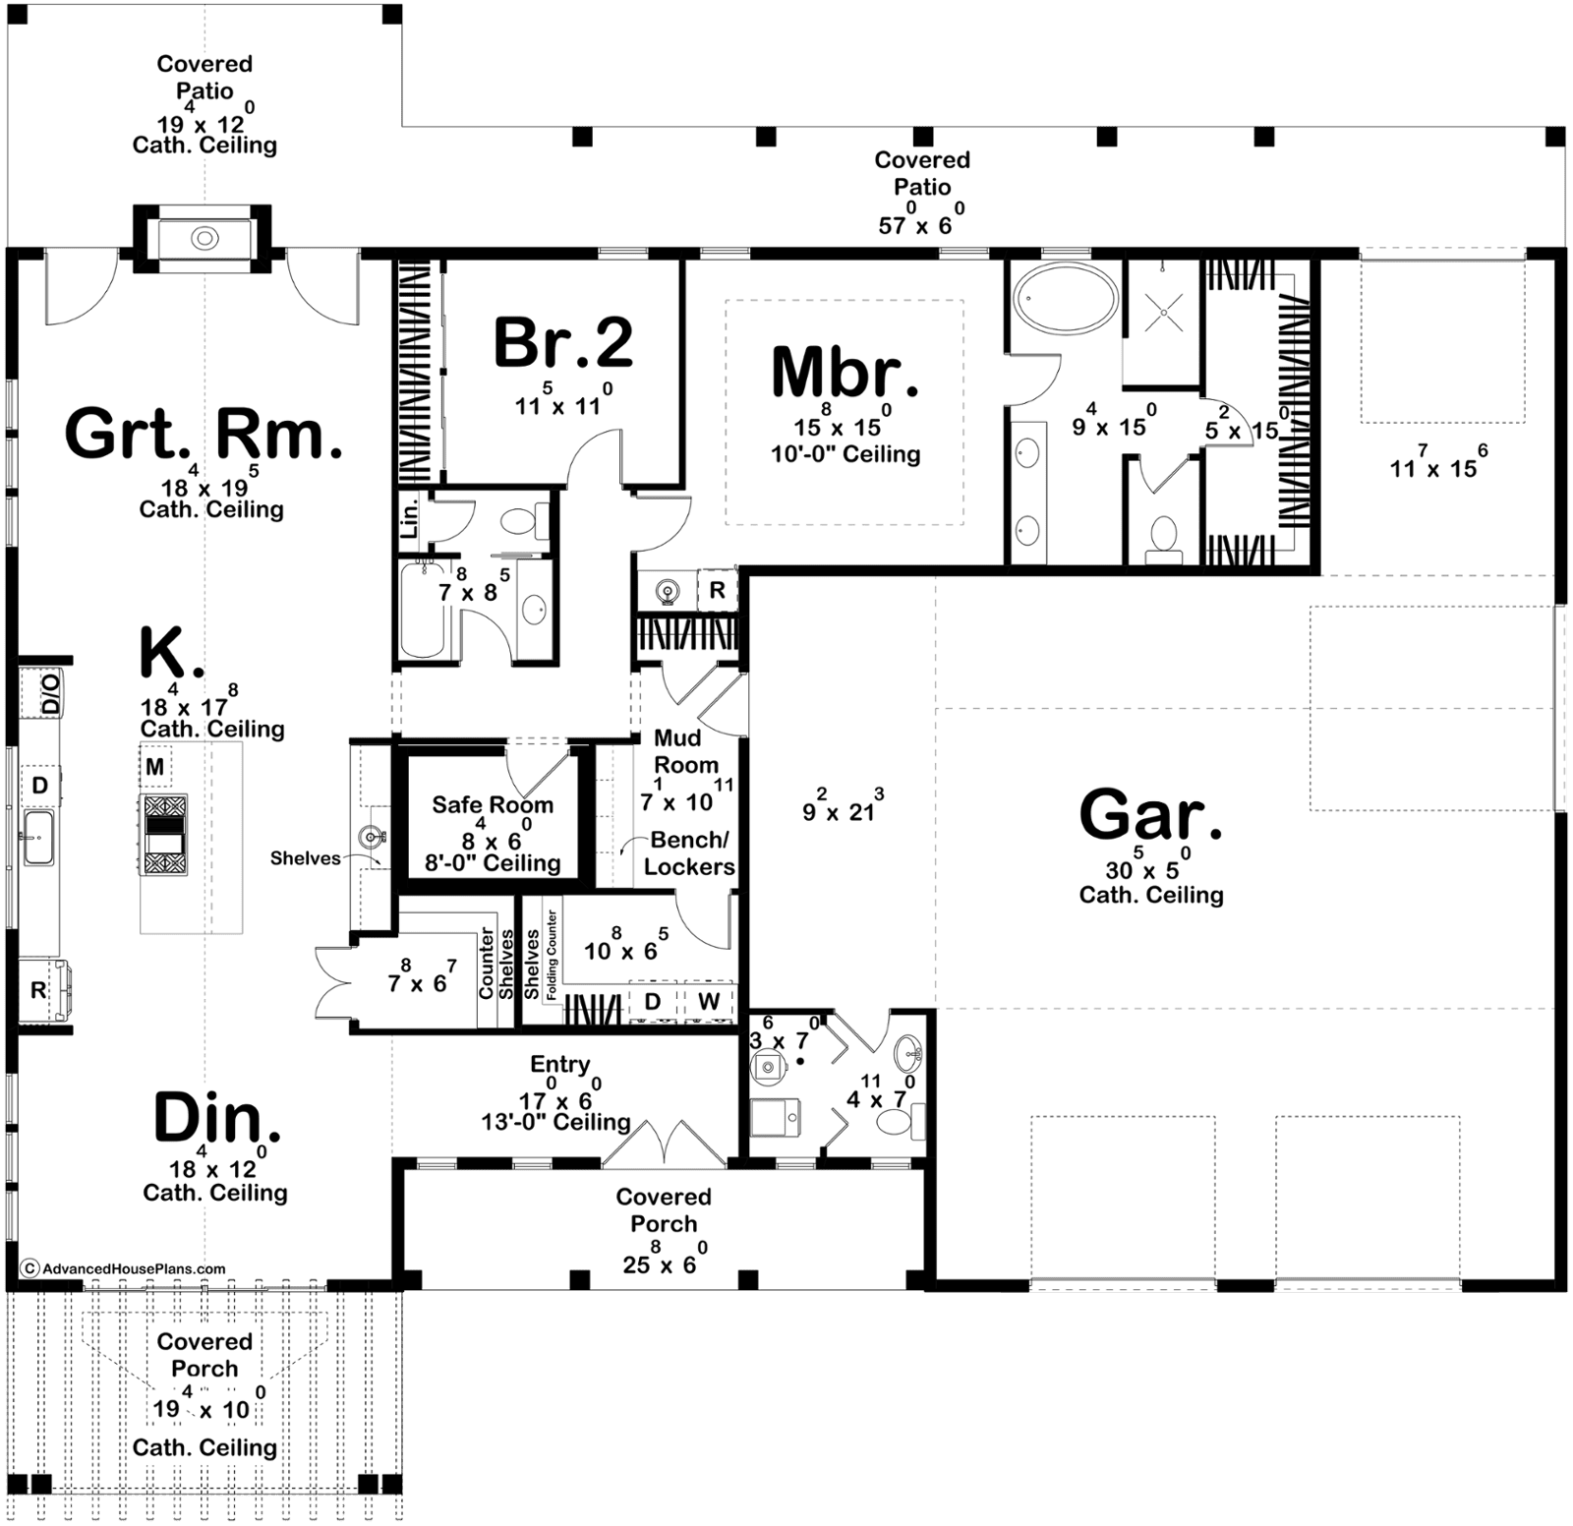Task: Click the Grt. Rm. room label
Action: (204, 435)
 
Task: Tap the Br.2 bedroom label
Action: (563, 342)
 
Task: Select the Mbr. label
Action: (845, 372)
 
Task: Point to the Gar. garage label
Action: (1151, 815)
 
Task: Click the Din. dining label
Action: (217, 1119)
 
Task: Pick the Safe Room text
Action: (493, 804)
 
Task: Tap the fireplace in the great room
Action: (204, 238)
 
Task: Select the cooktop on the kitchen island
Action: (164, 835)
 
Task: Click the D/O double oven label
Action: (50, 693)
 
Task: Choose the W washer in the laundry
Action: (709, 1002)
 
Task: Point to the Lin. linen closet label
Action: (411, 516)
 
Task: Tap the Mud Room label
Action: (686, 751)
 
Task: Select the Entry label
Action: (560, 1064)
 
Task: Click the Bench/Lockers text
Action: (689, 852)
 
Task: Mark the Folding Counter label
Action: (553, 955)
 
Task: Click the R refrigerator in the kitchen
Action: (38, 990)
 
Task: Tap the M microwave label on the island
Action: (154, 766)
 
